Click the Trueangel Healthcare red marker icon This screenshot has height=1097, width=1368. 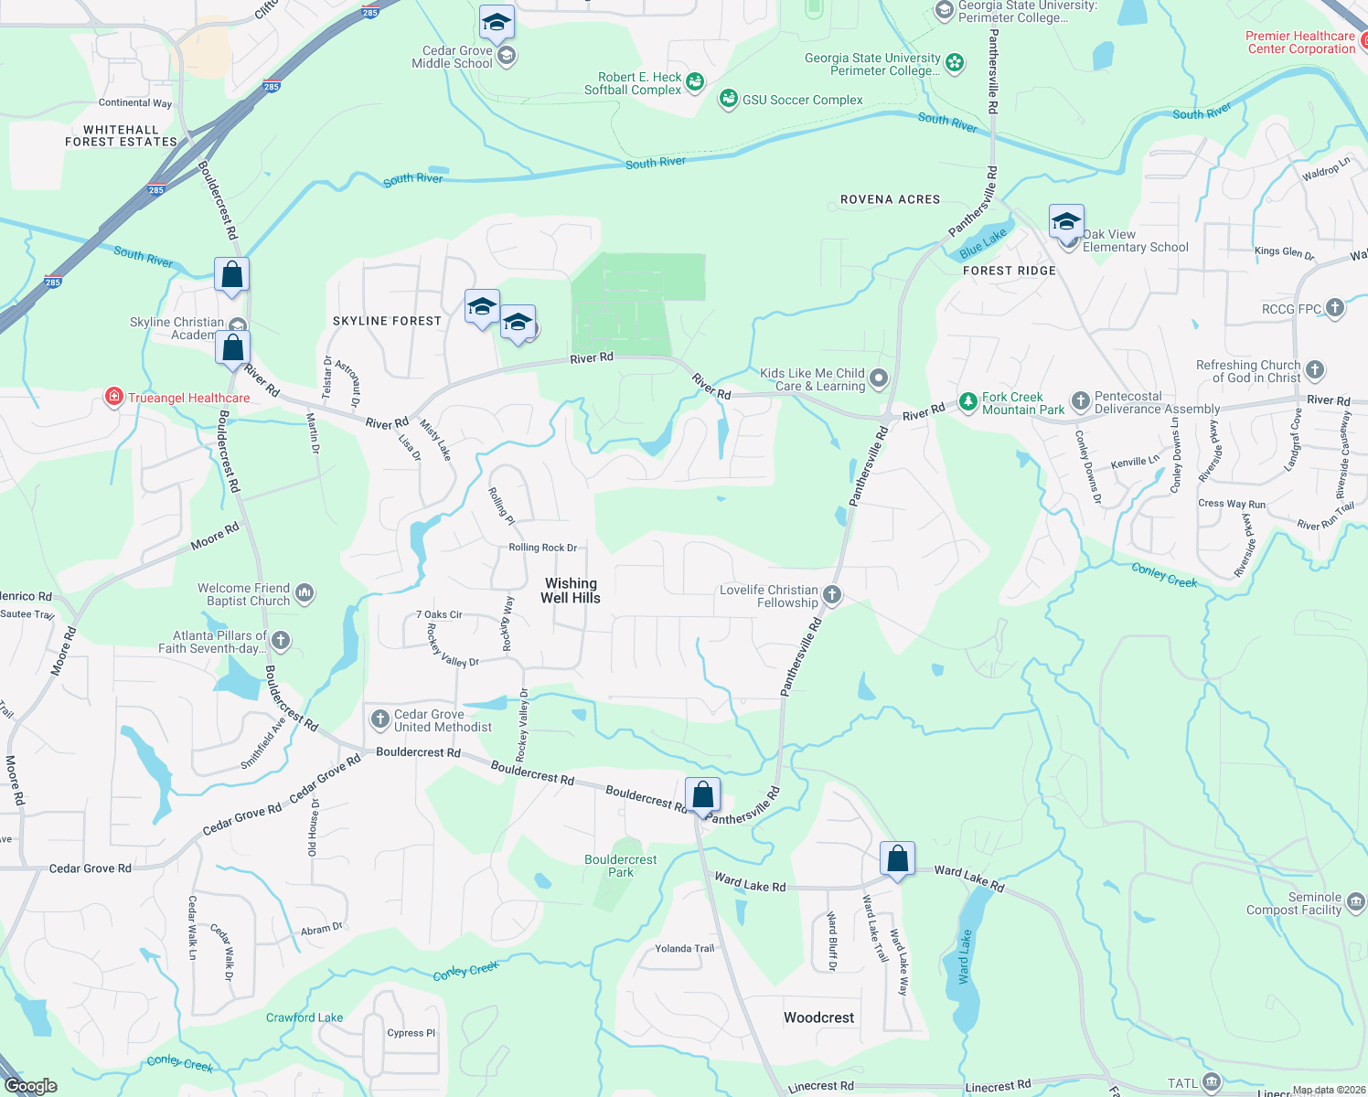[x=114, y=397]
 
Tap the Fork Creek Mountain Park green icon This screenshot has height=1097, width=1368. [x=967, y=402]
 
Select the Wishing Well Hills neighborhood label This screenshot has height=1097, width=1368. [x=571, y=591]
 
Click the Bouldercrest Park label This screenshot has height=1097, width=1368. [x=621, y=866]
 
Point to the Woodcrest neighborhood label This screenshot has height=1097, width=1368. [x=818, y=1017]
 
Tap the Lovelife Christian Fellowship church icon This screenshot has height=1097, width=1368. [x=832, y=595]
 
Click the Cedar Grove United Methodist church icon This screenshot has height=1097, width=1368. [x=379, y=719]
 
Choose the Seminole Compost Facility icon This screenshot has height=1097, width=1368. [x=1356, y=902]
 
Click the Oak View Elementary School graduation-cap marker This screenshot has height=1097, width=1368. [x=1066, y=222]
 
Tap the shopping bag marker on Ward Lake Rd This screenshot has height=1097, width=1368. [x=897, y=859]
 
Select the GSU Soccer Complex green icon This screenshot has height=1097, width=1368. [x=728, y=99]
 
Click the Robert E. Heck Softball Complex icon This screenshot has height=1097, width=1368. [x=695, y=82]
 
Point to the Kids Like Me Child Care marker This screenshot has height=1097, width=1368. [x=879, y=378]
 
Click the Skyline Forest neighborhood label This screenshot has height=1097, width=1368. [x=387, y=321]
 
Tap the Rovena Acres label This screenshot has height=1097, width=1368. [x=890, y=199]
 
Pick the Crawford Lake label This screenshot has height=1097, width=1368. [x=305, y=1017]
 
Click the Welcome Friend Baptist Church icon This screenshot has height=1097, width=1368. [x=305, y=593]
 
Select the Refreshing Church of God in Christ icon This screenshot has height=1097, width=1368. [x=1315, y=370]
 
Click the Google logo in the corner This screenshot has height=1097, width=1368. [x=31, y=1086]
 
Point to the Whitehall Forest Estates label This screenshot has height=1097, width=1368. [x=121, y=135]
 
